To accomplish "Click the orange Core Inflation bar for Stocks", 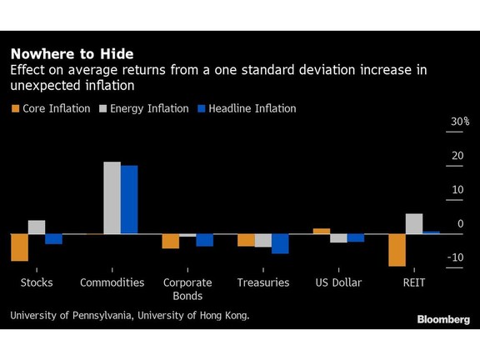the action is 20,247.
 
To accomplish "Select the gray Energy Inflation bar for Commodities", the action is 112,197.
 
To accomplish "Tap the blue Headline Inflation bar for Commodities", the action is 129,200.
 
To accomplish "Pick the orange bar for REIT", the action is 397,250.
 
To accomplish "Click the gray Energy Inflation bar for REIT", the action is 414,224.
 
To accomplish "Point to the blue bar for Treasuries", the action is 280,243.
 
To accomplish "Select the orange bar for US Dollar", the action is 322,231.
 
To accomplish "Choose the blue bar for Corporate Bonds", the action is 205,240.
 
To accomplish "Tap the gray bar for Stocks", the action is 37,227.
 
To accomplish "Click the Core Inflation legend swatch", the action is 15,108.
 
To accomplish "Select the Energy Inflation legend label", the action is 149,108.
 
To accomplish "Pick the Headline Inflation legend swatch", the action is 202,108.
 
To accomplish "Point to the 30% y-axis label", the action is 460,122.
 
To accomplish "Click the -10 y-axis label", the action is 456,257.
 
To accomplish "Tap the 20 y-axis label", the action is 457,156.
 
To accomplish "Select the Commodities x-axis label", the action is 112,282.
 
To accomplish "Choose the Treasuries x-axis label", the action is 263,282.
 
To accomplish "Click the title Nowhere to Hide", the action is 72,54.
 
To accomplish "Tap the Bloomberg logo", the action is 443,320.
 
